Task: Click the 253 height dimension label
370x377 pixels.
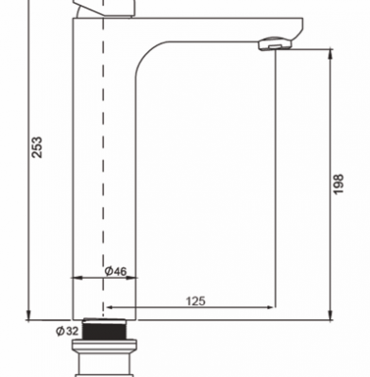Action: [37, 147]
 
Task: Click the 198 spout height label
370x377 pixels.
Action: [338, 184]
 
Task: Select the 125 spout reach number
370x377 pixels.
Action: [195, 301]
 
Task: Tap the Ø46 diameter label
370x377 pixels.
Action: [116, 271]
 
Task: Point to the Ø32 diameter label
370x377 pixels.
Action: [67, 331]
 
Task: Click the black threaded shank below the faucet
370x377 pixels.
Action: [104, 330]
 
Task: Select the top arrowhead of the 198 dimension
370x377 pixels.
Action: [330, 54]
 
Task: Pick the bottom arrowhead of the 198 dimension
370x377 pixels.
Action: [330, 315]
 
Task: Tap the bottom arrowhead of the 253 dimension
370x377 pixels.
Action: [28, 315]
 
